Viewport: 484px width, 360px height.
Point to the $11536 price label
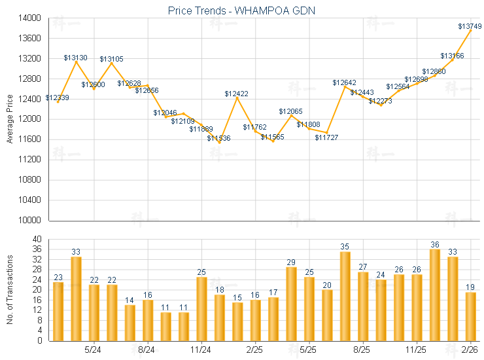[x=219, y=138]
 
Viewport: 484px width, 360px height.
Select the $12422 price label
[x=237, y=94]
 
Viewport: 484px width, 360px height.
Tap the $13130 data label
[x=76, y=58]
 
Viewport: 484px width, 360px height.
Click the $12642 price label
[x=345, y=82]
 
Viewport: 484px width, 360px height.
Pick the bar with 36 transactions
[x=435, y=295]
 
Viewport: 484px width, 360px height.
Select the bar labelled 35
[x=345, y=296]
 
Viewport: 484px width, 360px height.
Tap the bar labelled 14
[x=130, y=323]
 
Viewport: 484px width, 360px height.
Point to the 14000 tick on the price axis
[x=31, y=18]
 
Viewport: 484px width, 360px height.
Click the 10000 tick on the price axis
[x=31, y=220]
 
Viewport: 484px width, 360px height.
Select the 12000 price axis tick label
[x=31, y=119]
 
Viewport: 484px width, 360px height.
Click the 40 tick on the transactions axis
[x=37, y=240]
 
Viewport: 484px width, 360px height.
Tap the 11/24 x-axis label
[x=201, y=350]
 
